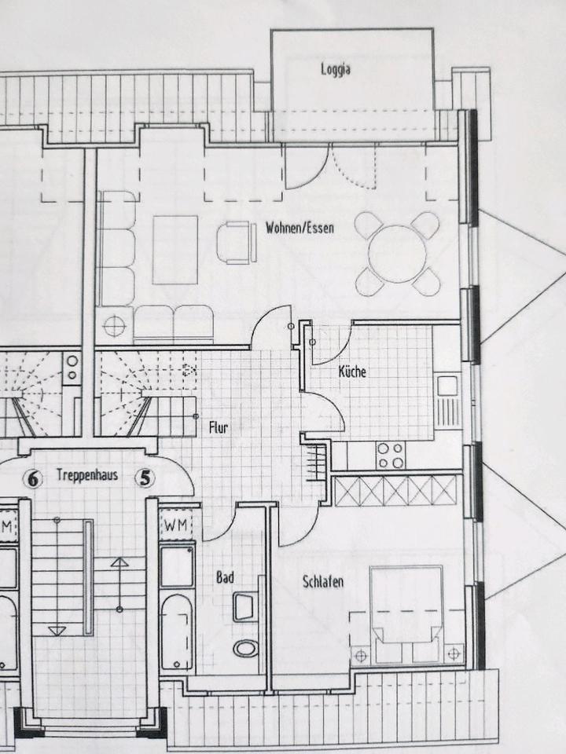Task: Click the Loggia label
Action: (335, 69)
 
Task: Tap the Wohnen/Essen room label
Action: (300, 229)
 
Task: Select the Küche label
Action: (351, 372)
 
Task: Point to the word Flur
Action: (219, 428)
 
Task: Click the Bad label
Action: (225, 577)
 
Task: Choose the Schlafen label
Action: (323, 582)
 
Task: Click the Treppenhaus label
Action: (86, 475)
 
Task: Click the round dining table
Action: (397, 254)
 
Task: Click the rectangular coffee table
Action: (175, 249)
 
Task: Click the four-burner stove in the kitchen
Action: (391, 454)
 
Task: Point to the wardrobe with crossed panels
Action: (395, 491)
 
